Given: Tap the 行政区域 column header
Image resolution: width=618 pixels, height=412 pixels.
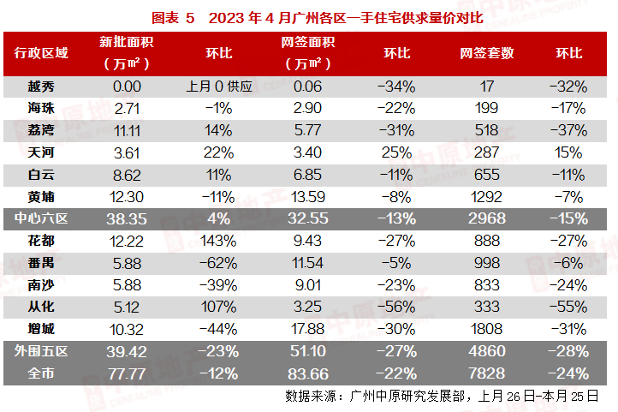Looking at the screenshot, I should (x=41, y=53).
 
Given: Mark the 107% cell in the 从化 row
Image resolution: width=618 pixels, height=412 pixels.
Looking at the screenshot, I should (x=219, y=306).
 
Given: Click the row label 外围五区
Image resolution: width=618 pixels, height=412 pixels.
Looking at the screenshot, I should (x=41, y=350).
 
